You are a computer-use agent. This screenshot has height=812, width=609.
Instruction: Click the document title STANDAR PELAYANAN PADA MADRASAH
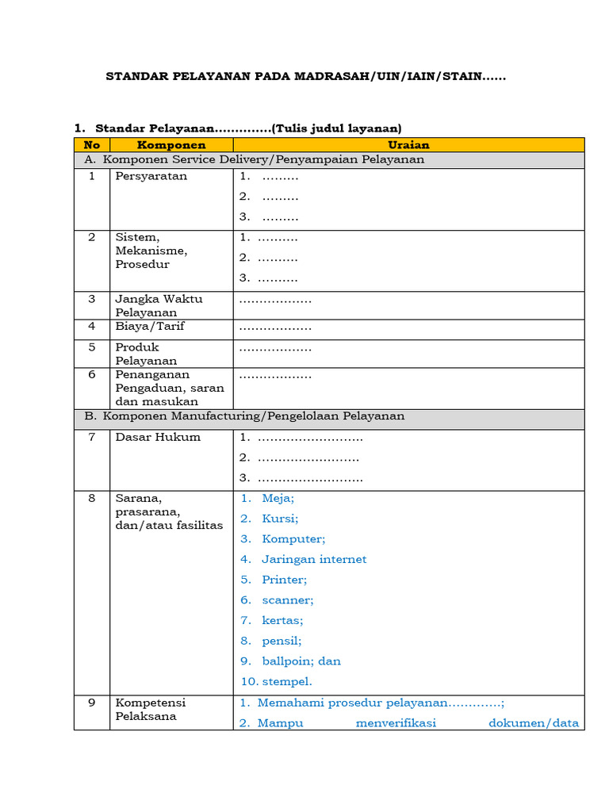click(306, 77)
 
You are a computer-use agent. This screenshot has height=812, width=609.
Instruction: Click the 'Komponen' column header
click(171, 145)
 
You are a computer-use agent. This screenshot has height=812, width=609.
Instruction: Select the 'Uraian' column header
click(408, 145)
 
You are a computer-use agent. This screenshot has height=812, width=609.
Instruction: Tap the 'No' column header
click(92, 145)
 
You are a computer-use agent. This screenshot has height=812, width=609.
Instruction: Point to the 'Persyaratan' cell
click(151, 176)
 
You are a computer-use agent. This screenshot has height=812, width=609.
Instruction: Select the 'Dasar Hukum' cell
click(158, 437)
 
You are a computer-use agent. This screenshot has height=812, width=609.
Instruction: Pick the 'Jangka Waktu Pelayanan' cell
click(159, 305)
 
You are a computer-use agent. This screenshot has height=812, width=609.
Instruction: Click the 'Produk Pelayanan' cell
click(147, 354)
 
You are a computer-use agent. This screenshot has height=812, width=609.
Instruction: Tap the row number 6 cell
click(92, 374)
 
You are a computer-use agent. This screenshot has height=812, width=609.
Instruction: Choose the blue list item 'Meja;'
click(278, 498)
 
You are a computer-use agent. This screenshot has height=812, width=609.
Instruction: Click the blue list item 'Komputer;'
click(293, 538)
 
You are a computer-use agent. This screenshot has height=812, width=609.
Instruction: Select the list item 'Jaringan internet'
click(314, 559)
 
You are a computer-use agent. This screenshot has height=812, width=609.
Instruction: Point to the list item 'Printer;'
click(284, 580)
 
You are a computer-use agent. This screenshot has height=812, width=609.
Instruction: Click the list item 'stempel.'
click(287, 681)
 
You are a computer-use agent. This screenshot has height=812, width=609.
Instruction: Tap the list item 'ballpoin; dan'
click(301, 661)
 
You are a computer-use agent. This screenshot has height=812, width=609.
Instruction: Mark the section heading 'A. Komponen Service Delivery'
click(254, 159)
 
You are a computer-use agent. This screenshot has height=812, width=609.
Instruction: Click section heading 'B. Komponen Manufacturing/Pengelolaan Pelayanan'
click(244, 416)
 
